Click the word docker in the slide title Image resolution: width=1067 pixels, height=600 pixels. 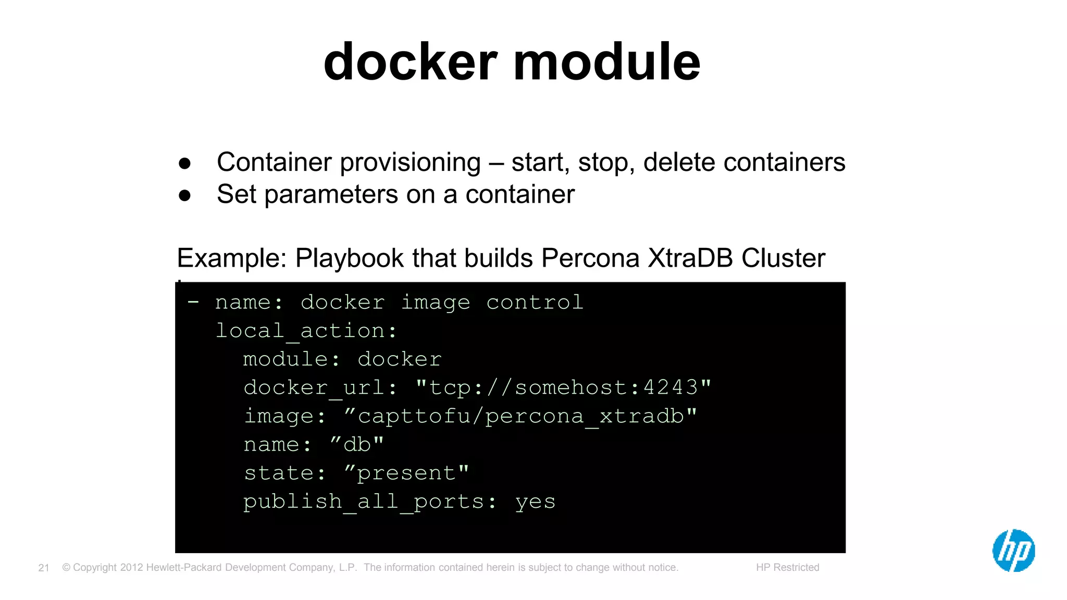(x=411, y=63)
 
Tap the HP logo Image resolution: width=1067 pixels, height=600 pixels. (x=1013, y=551)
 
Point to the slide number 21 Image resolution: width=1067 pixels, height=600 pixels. (x=44, y=568)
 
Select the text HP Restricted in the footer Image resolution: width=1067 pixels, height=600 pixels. (x=787, y=567)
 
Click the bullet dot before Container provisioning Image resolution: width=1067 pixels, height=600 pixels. (x=184, y=164)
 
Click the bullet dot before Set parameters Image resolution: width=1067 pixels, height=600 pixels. (x=184, y=196)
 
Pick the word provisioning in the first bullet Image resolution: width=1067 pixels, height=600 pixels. (x=410, y=162)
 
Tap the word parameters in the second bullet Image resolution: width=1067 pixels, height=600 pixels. (x=331, y=195)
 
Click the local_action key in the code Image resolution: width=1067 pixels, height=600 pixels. (x=306, y=331)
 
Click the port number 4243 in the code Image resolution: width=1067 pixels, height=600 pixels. (x=671, y=387)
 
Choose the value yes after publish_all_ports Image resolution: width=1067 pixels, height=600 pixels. (x=535, y=502)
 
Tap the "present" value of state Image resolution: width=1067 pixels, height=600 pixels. (x=406, y=473)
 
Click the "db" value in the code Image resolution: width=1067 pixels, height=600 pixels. (x=357, y=444)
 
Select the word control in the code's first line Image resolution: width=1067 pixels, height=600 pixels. (x=535, y=302)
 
